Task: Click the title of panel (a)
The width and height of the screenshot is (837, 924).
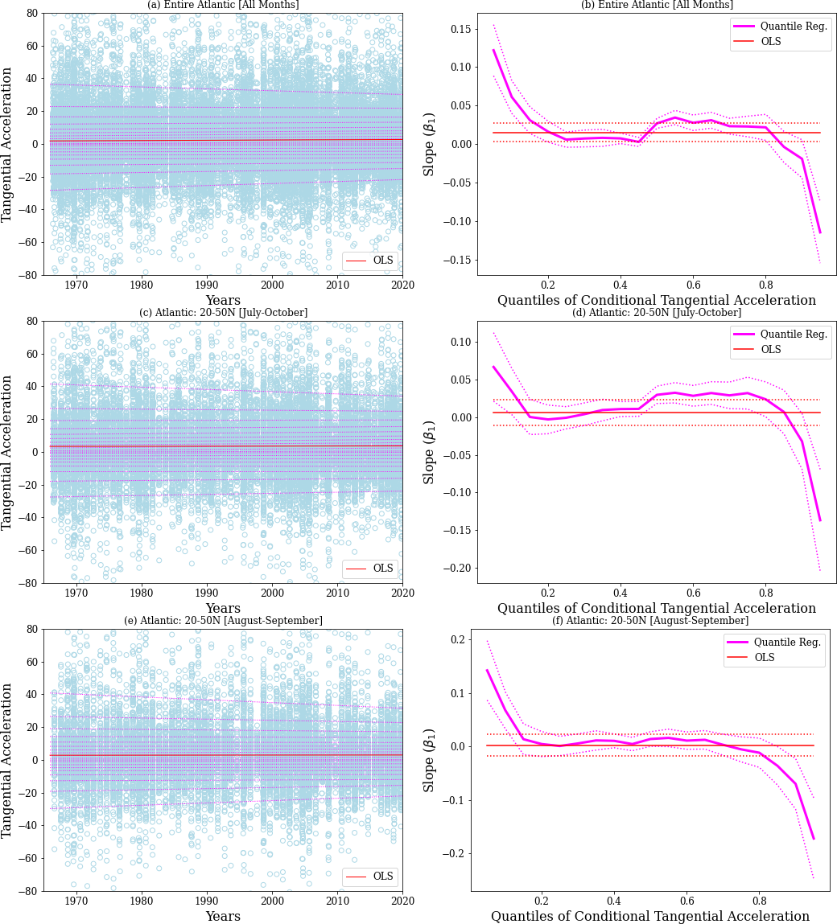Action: coord(223,5)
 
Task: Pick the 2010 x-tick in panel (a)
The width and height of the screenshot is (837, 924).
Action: coord(337,285)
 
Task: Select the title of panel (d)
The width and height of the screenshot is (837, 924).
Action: coord(656,312)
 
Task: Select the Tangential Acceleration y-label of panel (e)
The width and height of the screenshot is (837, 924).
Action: coord(8,760)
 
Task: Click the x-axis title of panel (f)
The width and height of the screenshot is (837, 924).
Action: coord(650,916)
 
